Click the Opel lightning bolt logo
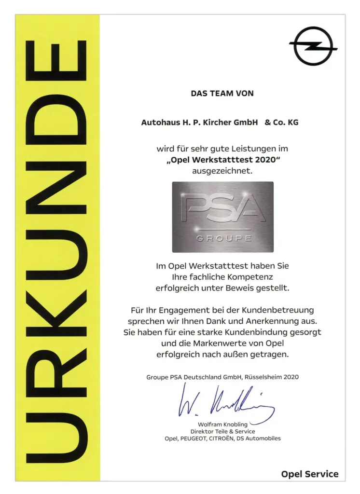(313, 46)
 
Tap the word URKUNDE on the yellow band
(57, 251)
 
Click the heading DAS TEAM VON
(222, 94)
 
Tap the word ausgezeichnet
(222, 170)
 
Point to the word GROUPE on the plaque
(223, 238)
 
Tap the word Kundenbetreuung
(274, 310)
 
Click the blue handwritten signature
(225, 404)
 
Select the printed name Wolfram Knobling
(222, 425)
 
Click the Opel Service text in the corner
(310, 474)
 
